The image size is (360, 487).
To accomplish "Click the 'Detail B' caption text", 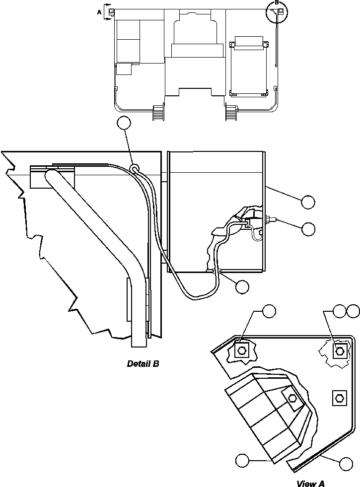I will click(x=143, y=364).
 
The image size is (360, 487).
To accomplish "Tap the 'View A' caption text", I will click(x=310, y=483).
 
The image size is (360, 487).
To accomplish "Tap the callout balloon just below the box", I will click(x=242, y=286).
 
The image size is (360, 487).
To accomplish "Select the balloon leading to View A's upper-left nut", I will click(x=269, y=311).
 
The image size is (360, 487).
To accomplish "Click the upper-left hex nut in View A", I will click(x=242, y=350).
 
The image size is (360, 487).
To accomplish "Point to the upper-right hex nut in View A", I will click(x=339, y=351).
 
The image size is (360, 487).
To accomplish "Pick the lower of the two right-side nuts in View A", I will click(x=339, y=397).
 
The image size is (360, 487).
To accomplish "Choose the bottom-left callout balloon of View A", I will click(x=242, y=460).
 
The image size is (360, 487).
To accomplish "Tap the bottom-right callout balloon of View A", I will click(x=346, y=464).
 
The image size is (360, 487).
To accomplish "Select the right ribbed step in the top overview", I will click(x=230, y=113).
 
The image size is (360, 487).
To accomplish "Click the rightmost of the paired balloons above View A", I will click(x=354, y=311).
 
